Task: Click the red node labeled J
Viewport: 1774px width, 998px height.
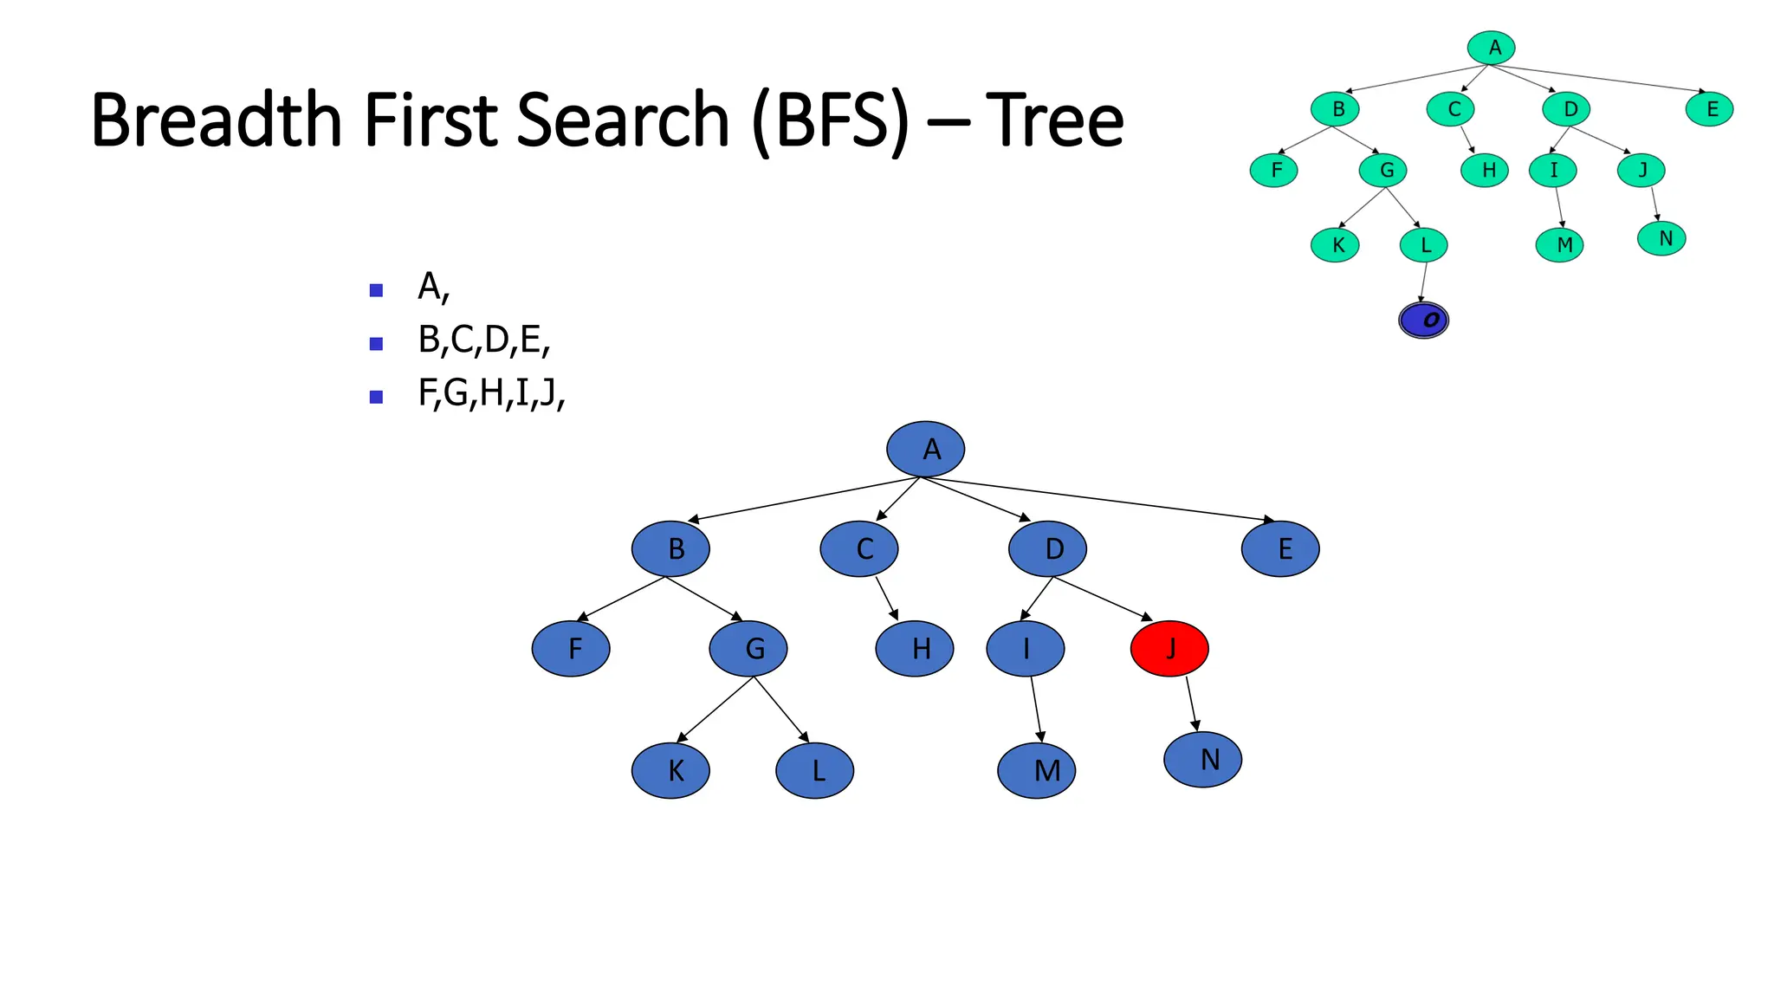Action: (x=1169, y=648)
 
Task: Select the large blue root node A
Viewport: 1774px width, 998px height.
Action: (x=925, y=449)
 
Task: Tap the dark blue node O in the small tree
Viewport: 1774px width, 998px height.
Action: (x=1423, y=320)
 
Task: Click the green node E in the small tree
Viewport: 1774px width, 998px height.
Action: (x=1709, y=109)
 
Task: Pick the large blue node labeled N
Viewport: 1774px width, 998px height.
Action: (x=1202, y=759)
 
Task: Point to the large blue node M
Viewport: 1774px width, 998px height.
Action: (x=1036, y=769)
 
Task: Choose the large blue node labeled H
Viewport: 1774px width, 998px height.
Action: (x=915, y=648)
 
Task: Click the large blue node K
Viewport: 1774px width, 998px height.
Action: (x=670, y=769)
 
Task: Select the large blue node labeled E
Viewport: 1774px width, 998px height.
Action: (x=1280, y=548)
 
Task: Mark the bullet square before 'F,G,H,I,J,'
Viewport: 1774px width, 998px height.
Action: (x=376, y=397)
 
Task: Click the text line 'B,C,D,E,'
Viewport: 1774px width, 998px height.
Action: (x=483, y=340)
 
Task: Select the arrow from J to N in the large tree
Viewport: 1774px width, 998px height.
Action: (x=1192, y=703)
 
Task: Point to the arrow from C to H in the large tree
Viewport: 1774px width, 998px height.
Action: (x=885, y=598)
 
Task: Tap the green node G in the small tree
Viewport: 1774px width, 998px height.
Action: (x=1382, y=170)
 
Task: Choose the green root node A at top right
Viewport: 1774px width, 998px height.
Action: (x=1491, y=48)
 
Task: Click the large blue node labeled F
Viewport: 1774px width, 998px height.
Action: (x=571, y=648)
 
